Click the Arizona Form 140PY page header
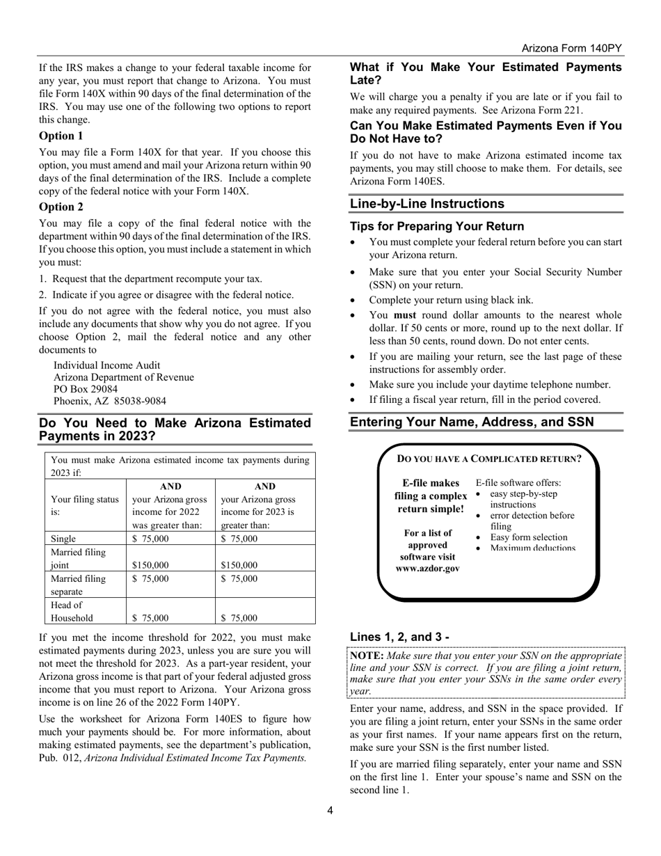[x=572, y=48]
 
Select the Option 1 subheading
[x=61, y=136]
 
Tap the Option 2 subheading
[x=61, y=207]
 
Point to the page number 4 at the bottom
[x=330, y=810]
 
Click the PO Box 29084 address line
[x=86, y=389]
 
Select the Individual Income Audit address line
[x=107, y=365]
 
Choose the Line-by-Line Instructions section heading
[x=427, y=204]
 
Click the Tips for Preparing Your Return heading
[x=436, y=226]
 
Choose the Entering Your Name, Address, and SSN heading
[x=472, y=422]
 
